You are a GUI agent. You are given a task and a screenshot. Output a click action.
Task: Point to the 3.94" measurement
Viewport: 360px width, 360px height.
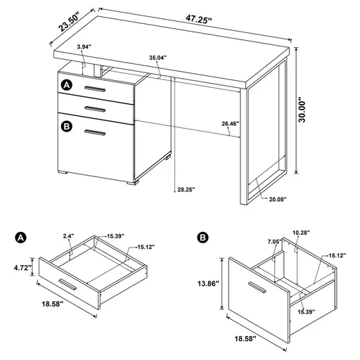click(x=84, y=46)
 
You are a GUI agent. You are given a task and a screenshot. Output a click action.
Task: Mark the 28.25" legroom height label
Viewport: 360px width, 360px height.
click(x=185, y=188)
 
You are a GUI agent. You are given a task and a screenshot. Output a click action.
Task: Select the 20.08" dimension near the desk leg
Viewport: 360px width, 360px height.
click(x=277, y=199)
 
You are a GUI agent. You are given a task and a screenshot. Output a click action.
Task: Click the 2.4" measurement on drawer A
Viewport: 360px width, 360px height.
click(x=68, y=237)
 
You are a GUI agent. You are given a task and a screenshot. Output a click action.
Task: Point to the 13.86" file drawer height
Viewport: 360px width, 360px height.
click(x=207, y=284)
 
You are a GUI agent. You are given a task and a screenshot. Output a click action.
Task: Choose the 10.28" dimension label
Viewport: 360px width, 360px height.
click(x=301, y=232)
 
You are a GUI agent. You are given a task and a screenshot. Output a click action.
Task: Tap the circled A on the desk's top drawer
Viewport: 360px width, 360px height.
click(x=67, y=85)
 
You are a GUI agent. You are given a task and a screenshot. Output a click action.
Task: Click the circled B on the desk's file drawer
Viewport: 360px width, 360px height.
click(x=67, y=127)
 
